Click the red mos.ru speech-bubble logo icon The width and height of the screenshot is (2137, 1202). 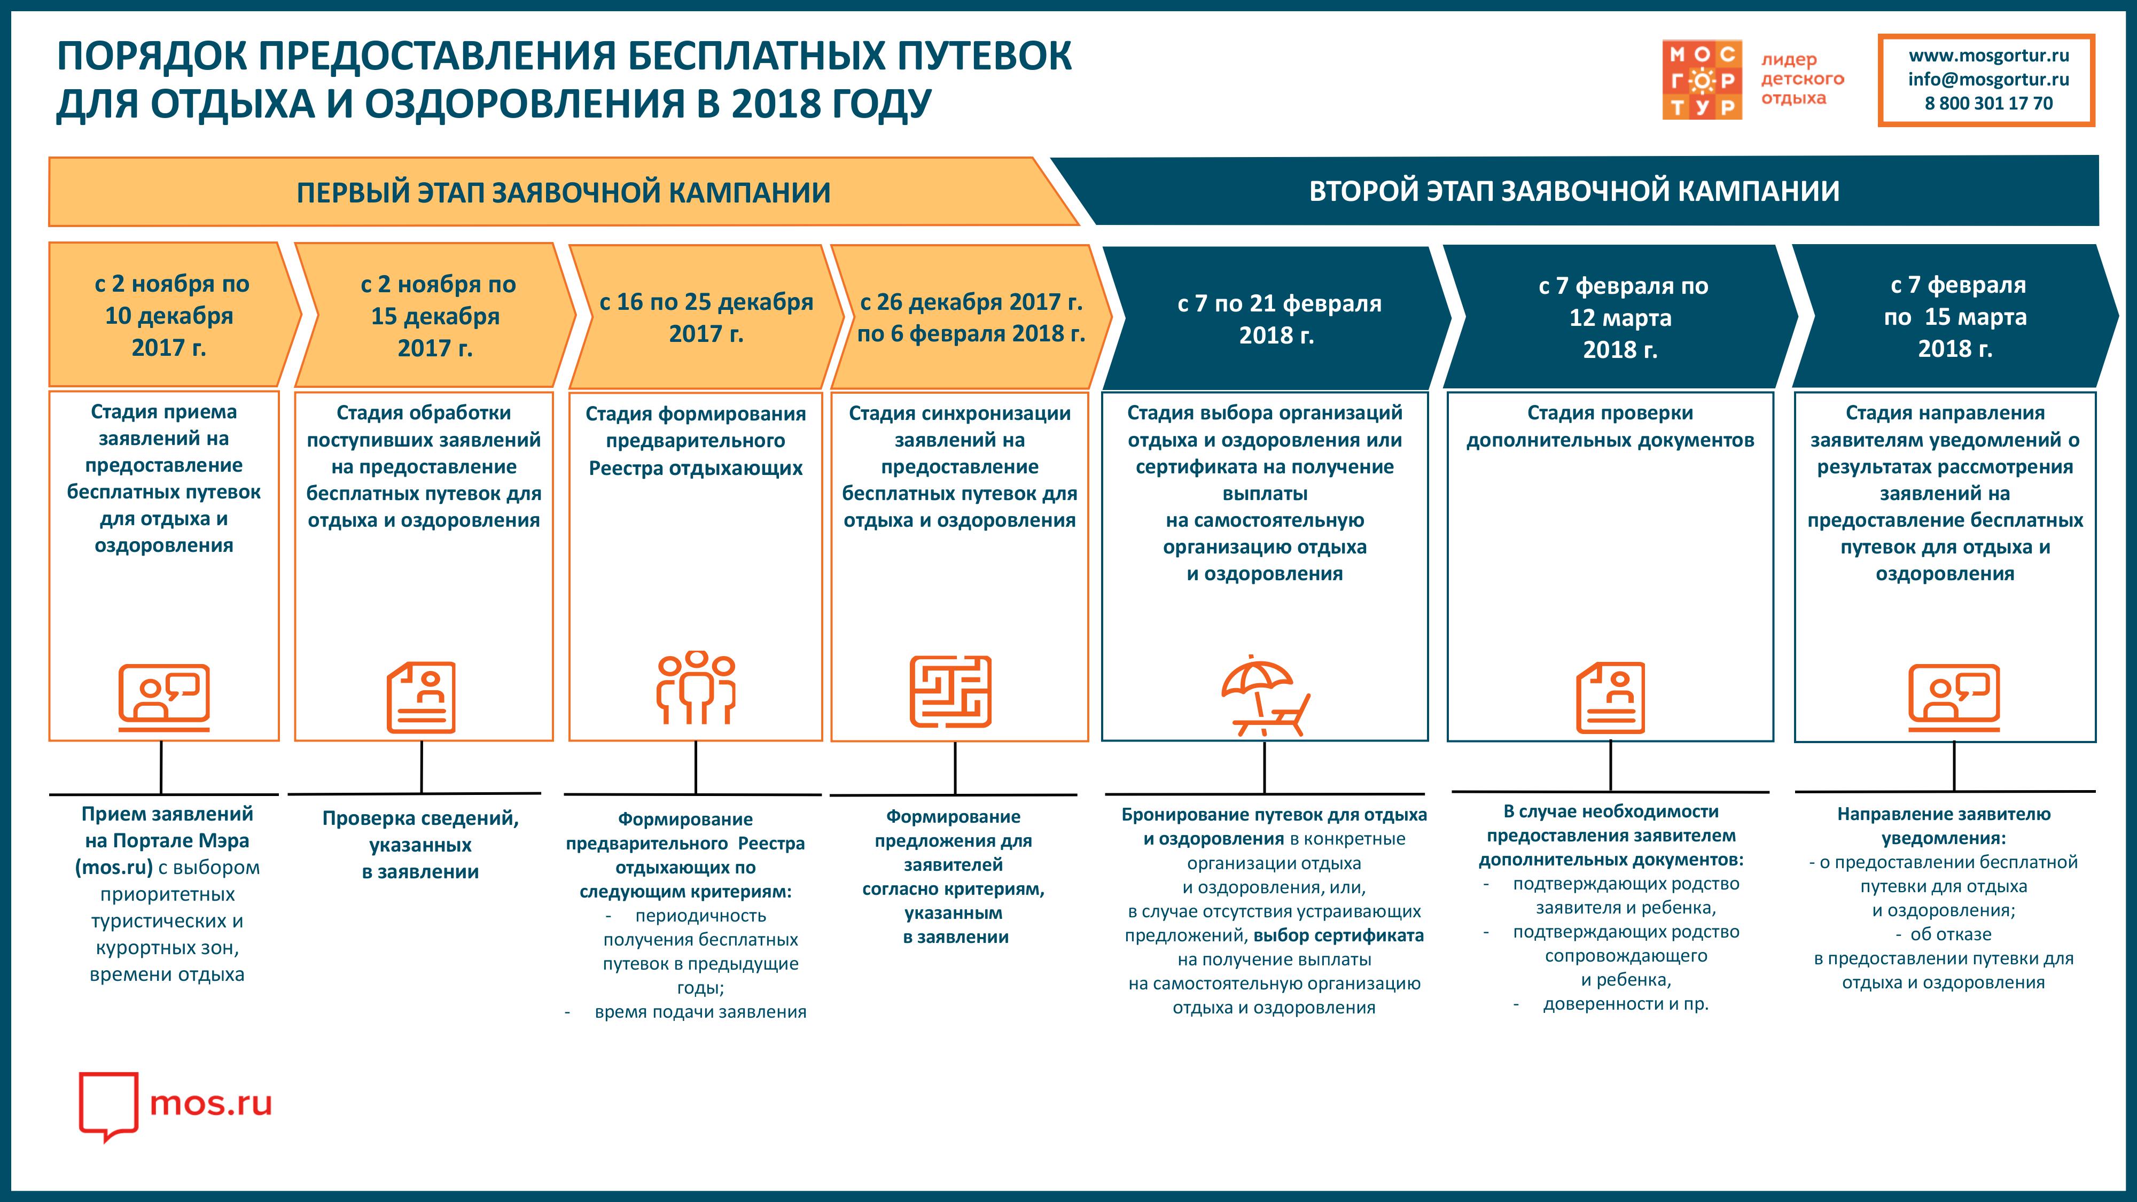point(108,1106)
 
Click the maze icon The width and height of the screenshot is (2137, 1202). point(951,692)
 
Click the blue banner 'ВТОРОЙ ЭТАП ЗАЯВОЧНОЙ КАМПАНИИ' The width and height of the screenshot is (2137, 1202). point(1574,191)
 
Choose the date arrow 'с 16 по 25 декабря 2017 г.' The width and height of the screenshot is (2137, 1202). point(706,317)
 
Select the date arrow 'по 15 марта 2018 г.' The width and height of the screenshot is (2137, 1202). point(1955,316)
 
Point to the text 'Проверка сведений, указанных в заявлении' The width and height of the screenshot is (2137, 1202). point(420,845)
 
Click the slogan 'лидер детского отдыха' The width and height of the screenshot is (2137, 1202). point(1802,79)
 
